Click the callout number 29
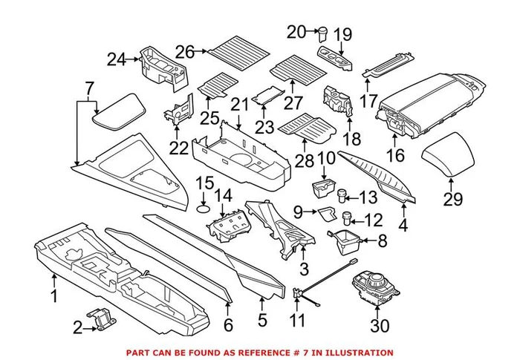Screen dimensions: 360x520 (x=452, y=199)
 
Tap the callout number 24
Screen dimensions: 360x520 (x=116, y=59)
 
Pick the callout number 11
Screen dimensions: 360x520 (x=298, y=321)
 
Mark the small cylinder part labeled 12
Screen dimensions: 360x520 (x=345, y=219)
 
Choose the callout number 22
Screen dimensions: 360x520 (x=178, y=148)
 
